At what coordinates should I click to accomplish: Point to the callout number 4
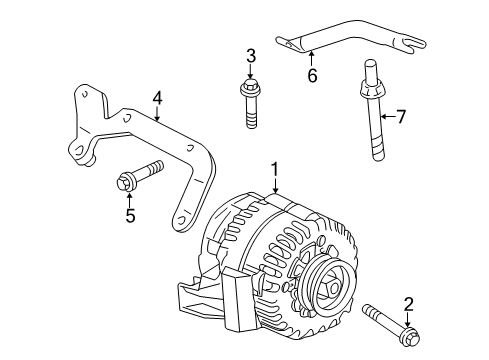coord(157,98)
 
